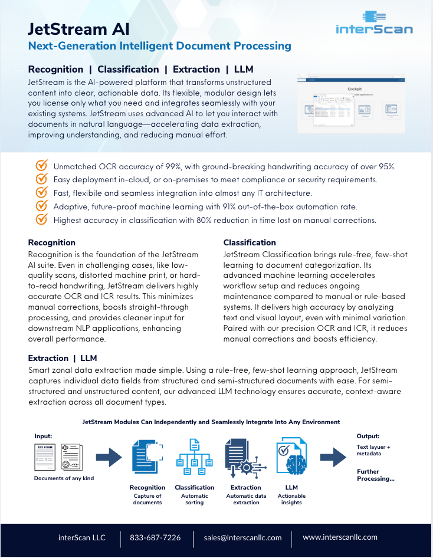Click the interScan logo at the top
[x=374, y=23]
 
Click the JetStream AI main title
[x=78, y=29]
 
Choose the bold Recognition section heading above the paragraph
[x=52, y=242]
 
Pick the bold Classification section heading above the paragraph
[x=250, y=242]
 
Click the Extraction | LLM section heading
[x=63, y=358]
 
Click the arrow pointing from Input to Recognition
[x=109, y=457]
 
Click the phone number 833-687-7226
[x=155, y=538]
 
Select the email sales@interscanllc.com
[x=242, y=538]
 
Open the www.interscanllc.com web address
[x=340, y=537]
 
